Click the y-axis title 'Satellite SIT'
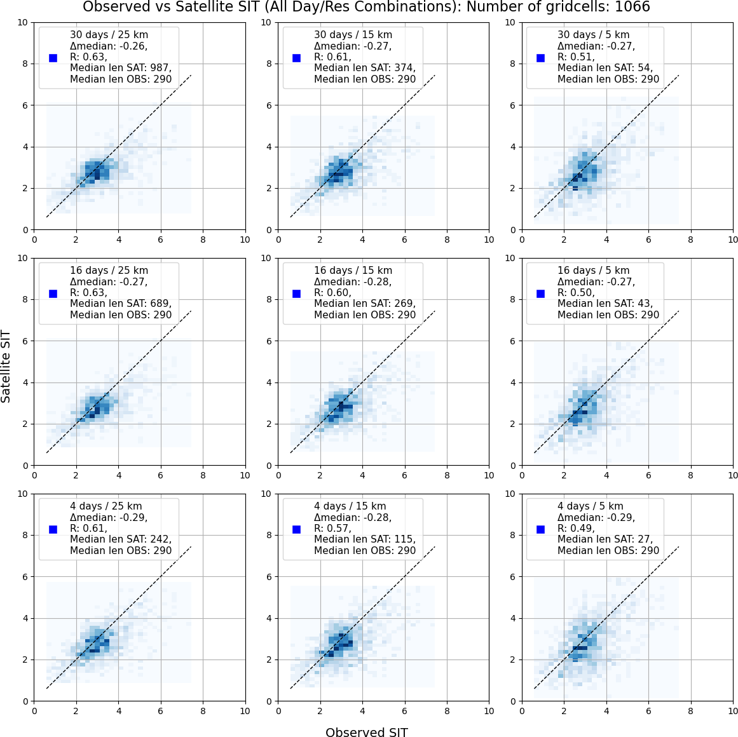pyautogui.click(x=6, y=366)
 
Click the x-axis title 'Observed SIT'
pyautogui.click(x=366, y=733)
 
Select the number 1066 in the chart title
pyautogui.click(x=628, y=8)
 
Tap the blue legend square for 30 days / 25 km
pyautogui.click(x=53, y=58)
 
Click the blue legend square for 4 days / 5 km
pyautogui.click(x=540, y=529)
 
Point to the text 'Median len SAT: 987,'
pyautogui.click(x=121, y=68)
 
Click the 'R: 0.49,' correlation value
pyautogui.click(x=576, y=529)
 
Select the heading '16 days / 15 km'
pyautogui.click(x=353, y=271)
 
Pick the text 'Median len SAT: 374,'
pyautogui.click(x=365, y=68)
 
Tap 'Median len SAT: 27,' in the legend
pyautogui.click(x=605, y=539)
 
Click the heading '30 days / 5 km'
pyautogui.click(x=593, y=35)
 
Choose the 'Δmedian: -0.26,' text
pyautogui.click(x=109, y=46)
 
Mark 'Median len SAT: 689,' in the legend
pyautogui.click(x=121, y=304)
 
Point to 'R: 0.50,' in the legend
pyautogui.click(x=576, y=293)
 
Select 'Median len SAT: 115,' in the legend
pyautogui.click(x=365, y=539)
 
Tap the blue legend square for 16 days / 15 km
pyautogui.click(x=296, y=294)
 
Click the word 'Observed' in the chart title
pyautogui.click(x=109, y=8)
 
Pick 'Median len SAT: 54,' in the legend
pyautogui.click(x=605, y=68)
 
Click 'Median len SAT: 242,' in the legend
pyautogui.click(x=121, y=539)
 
